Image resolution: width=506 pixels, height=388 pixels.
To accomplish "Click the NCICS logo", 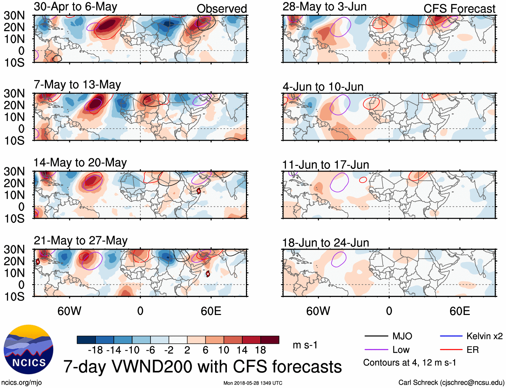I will (28, 349).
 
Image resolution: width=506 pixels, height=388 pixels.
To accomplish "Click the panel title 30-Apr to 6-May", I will (75, 7).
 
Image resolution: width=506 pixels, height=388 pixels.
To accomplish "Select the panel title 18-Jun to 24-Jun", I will (325, 243).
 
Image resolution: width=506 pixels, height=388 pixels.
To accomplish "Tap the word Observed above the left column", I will (222, 9).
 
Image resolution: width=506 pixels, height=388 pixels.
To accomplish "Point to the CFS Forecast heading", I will (459, 9).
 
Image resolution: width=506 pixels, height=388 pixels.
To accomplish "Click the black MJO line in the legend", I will (376, 336).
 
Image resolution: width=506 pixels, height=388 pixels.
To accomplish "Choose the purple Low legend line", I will (376, 350).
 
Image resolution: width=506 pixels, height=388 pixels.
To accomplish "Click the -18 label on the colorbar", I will (95, 350).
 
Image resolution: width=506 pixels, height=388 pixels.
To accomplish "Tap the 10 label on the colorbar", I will (224, 350).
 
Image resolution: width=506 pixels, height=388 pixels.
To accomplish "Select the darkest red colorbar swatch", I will (270, 340).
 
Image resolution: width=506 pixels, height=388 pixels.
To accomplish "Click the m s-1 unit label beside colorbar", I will (305, 345).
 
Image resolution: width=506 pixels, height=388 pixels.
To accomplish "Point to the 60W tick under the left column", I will (69, 311).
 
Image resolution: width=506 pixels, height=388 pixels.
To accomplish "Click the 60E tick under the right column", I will (459, 311).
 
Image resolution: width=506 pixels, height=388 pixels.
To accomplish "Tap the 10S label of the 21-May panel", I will (14, 297).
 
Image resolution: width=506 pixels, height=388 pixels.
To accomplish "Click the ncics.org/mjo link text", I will (21, 383).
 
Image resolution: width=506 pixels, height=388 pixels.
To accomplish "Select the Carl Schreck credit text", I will (451, 383).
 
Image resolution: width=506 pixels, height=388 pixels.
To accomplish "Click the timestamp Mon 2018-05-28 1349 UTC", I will (253, 383).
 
